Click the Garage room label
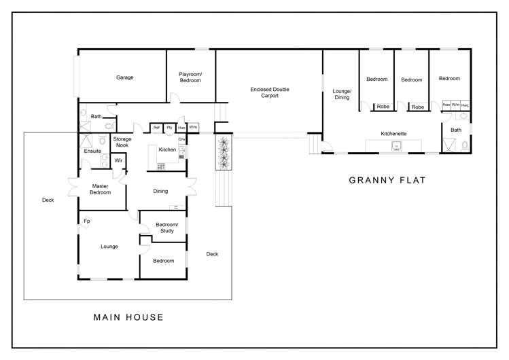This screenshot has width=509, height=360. click(124, 77)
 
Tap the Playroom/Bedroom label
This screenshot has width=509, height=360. click(190, 77)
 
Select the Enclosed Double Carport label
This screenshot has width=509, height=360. click(269, 92)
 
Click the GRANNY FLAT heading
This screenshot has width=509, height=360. click(387, 180)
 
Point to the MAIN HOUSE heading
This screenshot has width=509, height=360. click(128, 317)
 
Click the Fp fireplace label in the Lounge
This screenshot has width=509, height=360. click(87, 221)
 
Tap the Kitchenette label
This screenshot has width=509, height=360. click(393, 134)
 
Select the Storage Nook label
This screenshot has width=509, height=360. click(122, 142)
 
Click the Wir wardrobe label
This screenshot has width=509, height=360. click(118, 160)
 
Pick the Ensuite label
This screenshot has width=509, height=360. click(92, 151)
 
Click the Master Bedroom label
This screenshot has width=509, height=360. click(100, 190)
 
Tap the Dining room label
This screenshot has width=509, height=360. click(160, 192)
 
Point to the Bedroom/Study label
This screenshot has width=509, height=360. click(167, 228)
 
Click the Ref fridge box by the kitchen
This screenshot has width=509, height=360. click(156, 128)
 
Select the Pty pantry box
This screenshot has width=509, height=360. click(169, 128)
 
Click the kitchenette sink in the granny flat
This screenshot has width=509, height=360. click(396, 147)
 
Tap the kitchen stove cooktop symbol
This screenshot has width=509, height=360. click(161, 166)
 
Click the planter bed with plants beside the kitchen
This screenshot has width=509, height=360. click(224, 152)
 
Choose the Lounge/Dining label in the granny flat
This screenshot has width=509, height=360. click(342, 94)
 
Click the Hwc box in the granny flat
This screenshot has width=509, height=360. click(465, 105)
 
